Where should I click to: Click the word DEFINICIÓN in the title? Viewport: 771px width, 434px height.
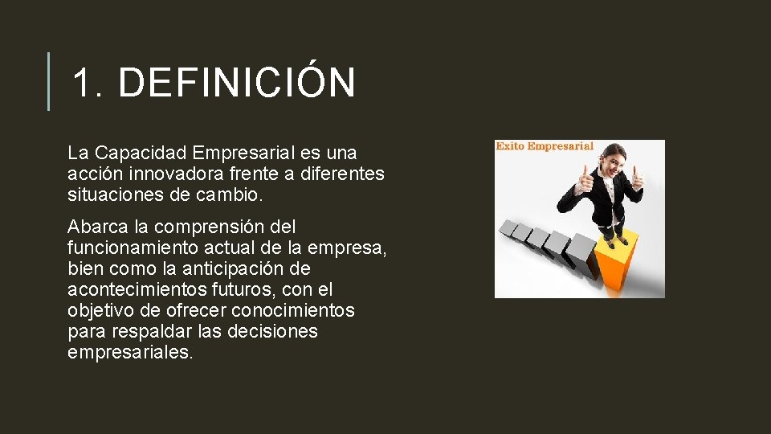pos(236,83)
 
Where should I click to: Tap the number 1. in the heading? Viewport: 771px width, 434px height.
pos(88,83)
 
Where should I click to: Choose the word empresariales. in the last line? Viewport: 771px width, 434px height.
pos(131,352)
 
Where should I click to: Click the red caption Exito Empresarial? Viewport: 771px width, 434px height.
pos(545,146)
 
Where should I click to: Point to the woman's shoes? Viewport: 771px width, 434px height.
pos(615,239)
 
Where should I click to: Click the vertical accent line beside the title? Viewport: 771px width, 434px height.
pos(48,81)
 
